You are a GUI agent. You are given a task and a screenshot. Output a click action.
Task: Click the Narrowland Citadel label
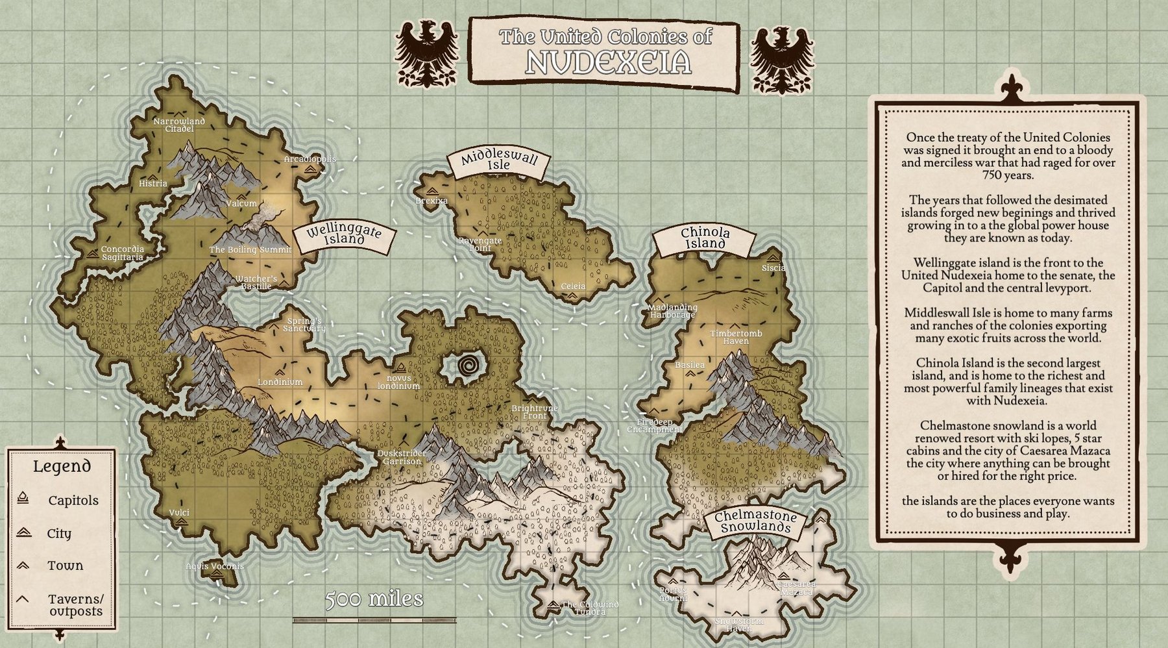pos(178,125)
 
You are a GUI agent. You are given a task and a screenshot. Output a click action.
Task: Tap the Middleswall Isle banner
pos(499,161)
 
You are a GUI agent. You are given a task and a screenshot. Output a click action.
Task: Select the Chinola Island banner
pos(705,238)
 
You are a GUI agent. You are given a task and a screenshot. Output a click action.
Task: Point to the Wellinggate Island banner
pos(343,235)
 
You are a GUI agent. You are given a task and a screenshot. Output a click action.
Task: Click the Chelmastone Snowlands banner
pos(756,521)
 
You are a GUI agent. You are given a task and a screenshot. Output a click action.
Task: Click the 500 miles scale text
pos(374,599)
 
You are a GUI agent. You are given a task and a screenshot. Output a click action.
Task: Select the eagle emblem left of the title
pos(426,55)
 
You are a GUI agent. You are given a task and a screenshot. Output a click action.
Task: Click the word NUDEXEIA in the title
pos(607,62)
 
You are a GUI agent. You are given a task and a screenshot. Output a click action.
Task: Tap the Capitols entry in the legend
pos(73,501)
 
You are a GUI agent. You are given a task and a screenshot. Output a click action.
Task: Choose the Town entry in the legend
pos(65,566)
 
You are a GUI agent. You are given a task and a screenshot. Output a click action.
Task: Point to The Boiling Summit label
pos(250,249)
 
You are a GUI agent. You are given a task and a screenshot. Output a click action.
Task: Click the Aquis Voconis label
pos(215,566)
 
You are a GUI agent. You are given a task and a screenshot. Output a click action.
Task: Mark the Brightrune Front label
pos(534,412)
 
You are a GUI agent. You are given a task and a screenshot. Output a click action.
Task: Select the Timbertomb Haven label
pos(736,337)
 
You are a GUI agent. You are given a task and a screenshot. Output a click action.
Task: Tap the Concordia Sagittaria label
pos(122,253)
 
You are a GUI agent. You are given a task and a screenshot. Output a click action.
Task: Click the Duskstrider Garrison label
pos(402,457)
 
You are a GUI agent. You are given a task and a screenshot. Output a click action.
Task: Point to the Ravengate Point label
pos(480,244)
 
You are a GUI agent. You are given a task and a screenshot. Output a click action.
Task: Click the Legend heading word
pos(62,466)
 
